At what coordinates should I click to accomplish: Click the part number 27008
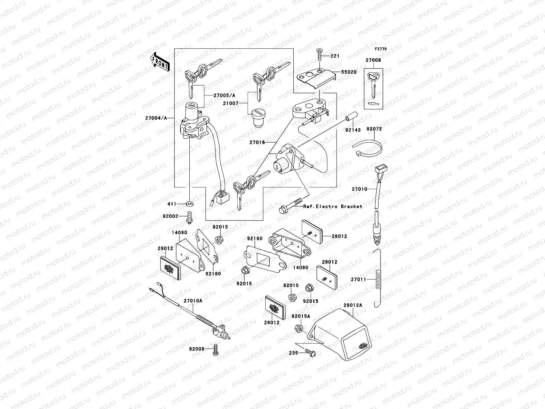[373, 60]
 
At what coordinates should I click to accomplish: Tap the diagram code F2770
[381, 49]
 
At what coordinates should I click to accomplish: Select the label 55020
[349, 72]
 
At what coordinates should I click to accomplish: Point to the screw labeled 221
[320, 53]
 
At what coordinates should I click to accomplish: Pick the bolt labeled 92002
[189, 217]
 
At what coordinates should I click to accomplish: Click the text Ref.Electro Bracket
[332, 207]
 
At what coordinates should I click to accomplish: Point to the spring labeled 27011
[378, 279]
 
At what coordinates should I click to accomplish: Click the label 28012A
[353, 305]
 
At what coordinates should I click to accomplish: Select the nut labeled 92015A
[297, 329]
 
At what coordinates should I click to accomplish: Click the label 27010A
[193, 301]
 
